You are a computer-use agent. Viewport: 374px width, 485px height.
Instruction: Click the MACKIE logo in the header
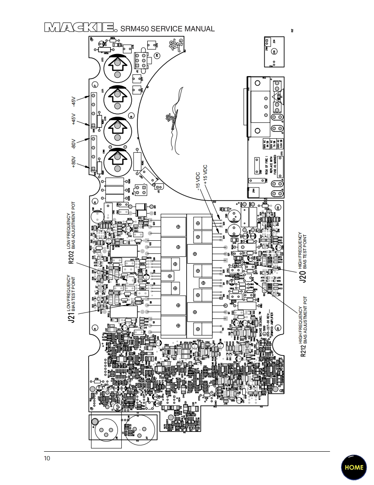coord(79,29)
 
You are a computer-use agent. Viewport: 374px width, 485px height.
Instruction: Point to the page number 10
coord(47,458)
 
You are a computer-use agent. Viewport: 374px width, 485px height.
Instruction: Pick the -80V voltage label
coord(73,143)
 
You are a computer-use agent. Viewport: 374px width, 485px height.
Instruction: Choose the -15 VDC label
coord(197,181)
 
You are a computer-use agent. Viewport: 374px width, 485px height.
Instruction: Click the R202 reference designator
coord(71,255)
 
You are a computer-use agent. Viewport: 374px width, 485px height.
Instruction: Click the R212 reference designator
coord(304,350)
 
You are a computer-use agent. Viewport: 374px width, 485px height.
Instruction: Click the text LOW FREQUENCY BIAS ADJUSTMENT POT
coord(71,231)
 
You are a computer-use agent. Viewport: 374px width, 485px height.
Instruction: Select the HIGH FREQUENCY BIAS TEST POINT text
coord(303,251)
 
